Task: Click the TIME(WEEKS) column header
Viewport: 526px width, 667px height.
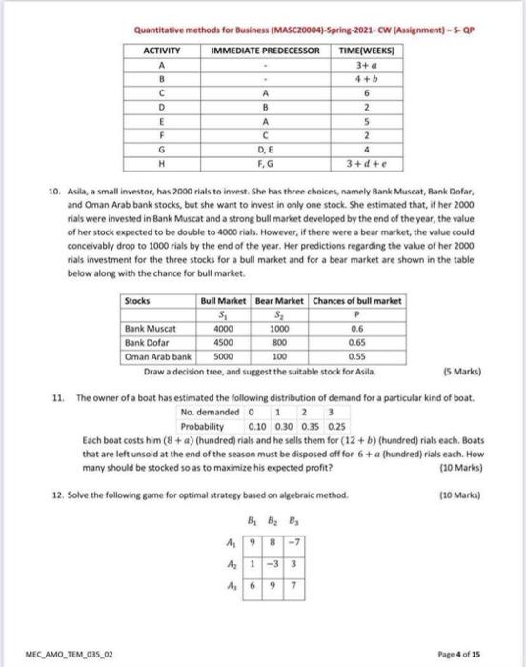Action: (362, 49)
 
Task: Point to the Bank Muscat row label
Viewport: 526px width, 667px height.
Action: (150, 332)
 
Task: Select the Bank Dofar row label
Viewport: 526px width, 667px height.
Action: (148, 344)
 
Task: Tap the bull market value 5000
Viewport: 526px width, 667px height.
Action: (218, 356)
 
